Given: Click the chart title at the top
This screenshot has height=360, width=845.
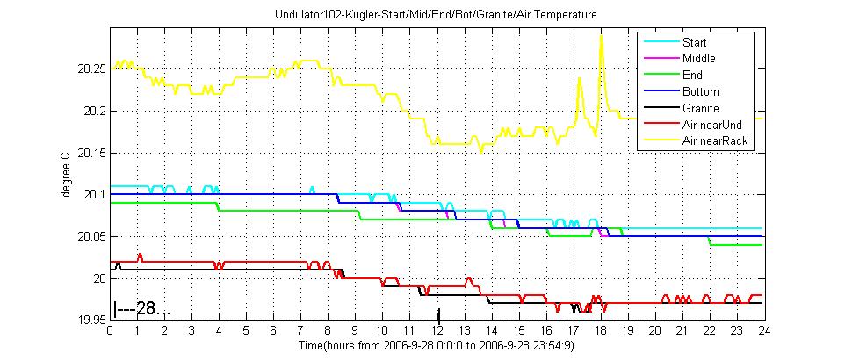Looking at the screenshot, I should pyautogui.click(x=435, y=15).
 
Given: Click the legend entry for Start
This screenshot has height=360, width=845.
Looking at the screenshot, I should pyautogui.click(x=694, y=42).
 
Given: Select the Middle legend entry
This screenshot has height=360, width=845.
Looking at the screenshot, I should pyautogui.click(x=699, y=59).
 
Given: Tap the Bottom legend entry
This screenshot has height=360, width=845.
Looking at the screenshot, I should pyautogui.click(x=700, y=92).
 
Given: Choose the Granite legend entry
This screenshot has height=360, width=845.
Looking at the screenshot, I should pyautogui.click(x=701, y=108).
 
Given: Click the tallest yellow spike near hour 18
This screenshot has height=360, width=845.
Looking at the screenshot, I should pyautogui.click(x=601, y=36).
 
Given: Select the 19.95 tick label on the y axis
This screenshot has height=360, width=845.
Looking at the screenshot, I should pyautogui.click(x=90, y=320).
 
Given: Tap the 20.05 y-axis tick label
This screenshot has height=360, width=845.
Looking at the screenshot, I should pyautogui.click(x=90, y=237).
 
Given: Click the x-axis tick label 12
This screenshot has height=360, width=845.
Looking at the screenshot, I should pyautogui.click(x=437, y=332).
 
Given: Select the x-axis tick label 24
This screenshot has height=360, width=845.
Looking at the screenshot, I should pyautogui.click(x=764, y=332).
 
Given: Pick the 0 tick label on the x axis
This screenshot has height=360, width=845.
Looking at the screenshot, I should pyautogui.click(x=110, y=332).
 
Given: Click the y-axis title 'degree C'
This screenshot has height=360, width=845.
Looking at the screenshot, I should pyautogui.click(x=66, y=174).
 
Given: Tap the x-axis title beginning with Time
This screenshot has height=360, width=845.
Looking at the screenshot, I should pyautogui.click(x=435, y=346).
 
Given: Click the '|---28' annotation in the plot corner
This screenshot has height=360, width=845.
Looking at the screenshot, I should pyautogui.click(x=139, y=309).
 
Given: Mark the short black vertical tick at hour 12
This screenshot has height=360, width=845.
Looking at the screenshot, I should pyautogui.click(x=438, y=313).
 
